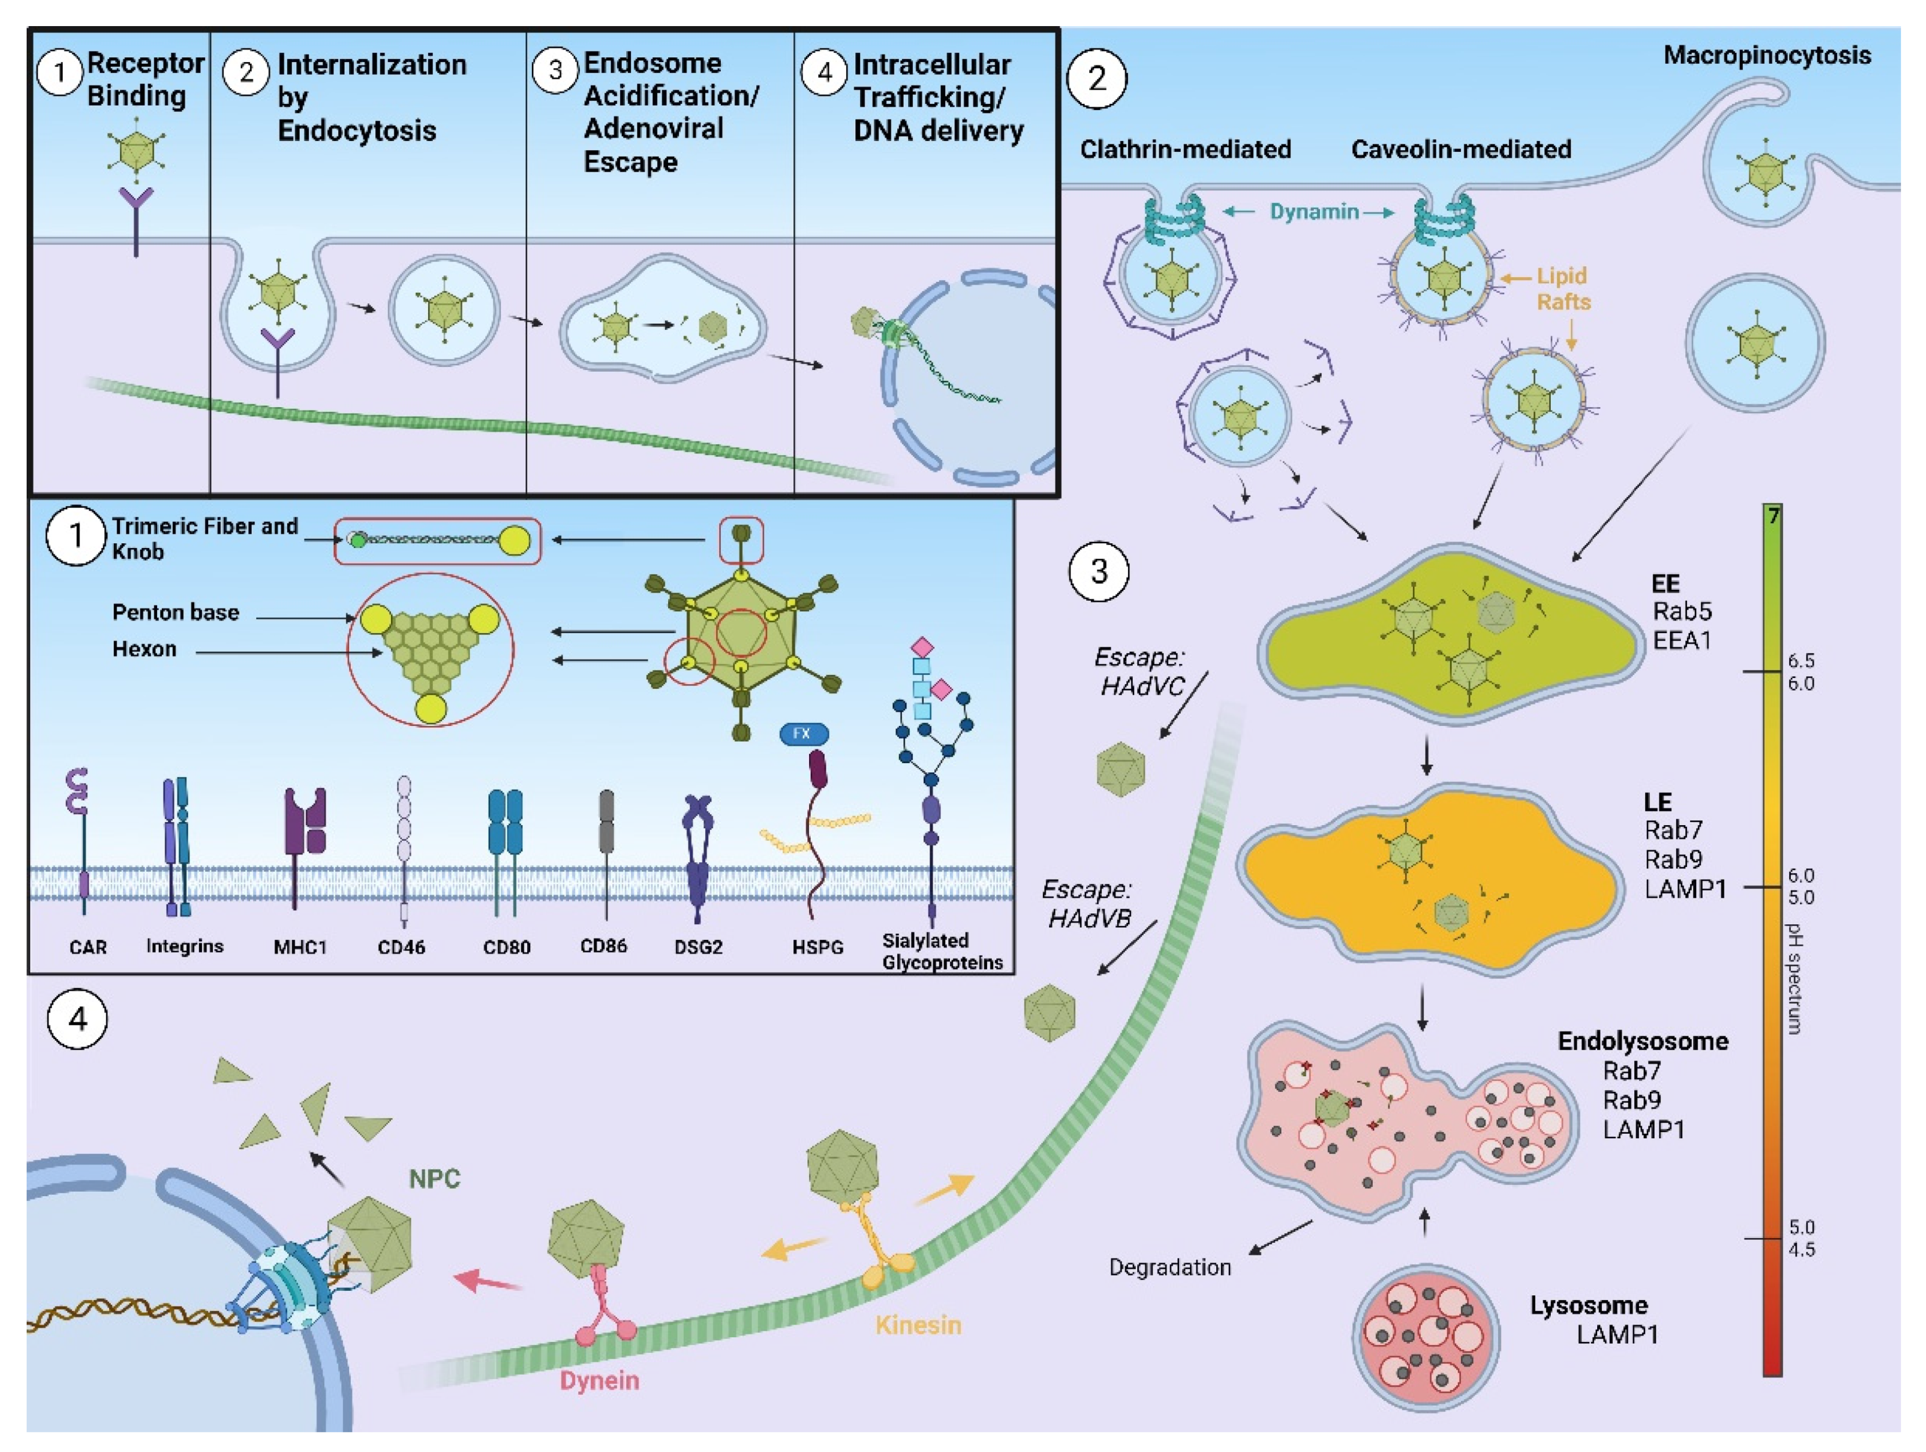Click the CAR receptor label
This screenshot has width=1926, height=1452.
[88, 947]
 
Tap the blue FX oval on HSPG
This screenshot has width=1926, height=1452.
[803, 734]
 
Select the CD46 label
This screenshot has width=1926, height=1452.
[401, 947]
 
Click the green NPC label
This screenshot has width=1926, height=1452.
[434, 1179]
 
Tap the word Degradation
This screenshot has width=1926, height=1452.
[1169, 1268]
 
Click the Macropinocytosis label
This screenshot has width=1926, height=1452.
[1767, 56]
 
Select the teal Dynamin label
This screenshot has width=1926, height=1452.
[1314, 212]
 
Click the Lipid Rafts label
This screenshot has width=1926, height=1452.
[1563, 289]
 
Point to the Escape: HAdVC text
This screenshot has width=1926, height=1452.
[1141, 671]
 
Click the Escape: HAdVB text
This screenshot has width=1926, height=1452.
[1089, 903]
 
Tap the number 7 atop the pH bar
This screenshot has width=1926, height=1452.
[1773, 516]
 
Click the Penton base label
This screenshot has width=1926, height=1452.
[175, 613]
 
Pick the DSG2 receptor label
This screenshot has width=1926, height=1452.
[698, 947]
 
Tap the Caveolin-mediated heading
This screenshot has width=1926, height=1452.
[1460, 150]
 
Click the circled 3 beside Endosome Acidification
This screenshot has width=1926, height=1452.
[554, 70]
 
